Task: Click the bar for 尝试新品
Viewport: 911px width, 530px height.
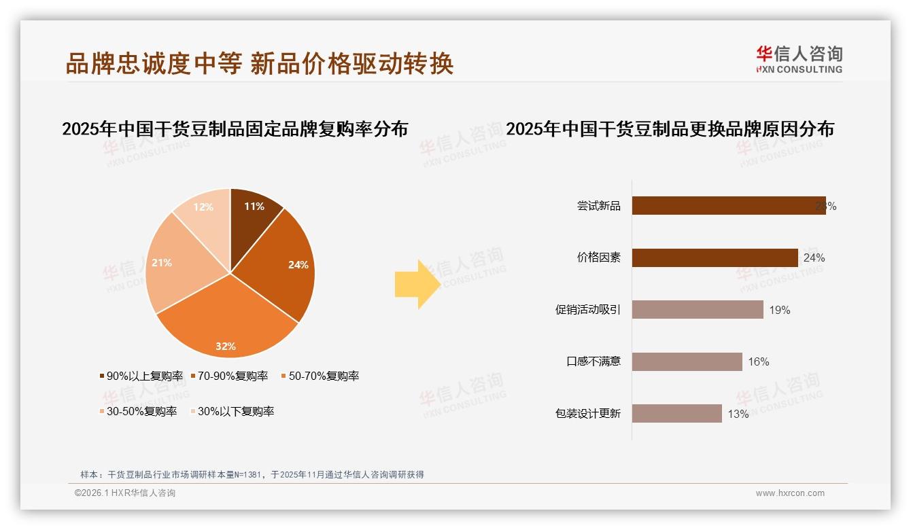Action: click(727, 205)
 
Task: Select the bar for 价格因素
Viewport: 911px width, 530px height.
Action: click(714, 258)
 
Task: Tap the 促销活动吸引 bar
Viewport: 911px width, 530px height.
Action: click(697, 310)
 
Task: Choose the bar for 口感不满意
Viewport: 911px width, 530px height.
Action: click(687, 361)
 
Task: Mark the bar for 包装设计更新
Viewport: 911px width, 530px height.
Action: click(676, 413)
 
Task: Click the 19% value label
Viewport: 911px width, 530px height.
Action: click(779, 310)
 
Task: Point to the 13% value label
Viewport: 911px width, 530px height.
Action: click(738, 414)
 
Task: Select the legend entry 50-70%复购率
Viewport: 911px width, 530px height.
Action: click(319, 376)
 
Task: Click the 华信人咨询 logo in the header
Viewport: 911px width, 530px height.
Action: click(799, 59)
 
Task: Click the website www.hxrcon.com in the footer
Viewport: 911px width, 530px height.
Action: click(790, 493)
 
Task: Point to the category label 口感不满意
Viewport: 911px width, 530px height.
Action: click(594, 361)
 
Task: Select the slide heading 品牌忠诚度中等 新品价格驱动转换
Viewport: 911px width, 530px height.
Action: click(259, 64)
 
